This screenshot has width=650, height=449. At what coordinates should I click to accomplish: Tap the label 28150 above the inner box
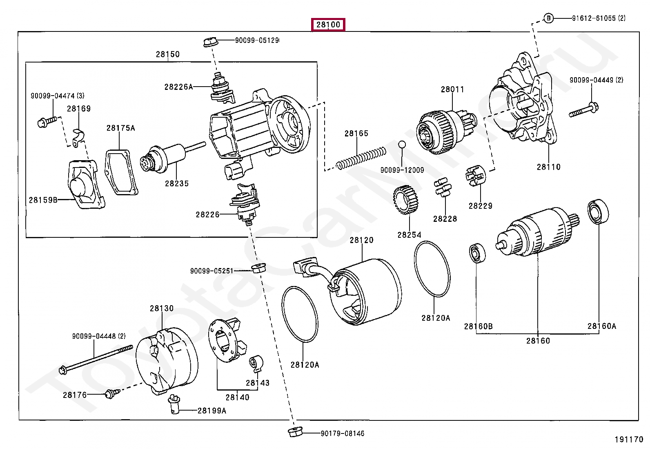coord(167,54)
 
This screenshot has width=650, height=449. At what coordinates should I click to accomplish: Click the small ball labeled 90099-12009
coord(402,144)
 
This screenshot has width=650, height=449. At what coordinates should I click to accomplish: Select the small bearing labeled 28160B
coord(476,253)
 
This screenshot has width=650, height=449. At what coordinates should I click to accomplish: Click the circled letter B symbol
coord(549,18)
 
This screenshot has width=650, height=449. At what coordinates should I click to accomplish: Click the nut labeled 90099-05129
coord(210,41)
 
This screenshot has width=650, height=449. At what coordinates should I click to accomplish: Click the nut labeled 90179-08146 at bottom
coord(293,433)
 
